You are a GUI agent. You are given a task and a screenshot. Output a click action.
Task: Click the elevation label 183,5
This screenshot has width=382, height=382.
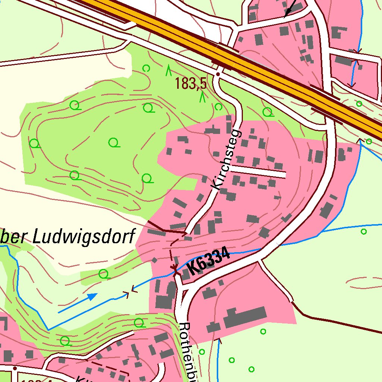pyautogui.click(x=191, y=84)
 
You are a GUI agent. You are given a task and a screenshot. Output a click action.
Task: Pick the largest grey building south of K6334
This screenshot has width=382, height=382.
pyautogui.click(x=244, y=317)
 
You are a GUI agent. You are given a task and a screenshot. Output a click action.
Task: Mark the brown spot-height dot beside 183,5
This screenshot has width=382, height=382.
pyautogui.click(x=217, y=74)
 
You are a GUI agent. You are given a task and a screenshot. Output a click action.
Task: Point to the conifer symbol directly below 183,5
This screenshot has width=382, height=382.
pyautogui.click(x=203, y=98)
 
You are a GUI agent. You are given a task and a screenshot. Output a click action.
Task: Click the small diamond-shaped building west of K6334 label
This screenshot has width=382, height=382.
pyautogui.click(x=154, y=260)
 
